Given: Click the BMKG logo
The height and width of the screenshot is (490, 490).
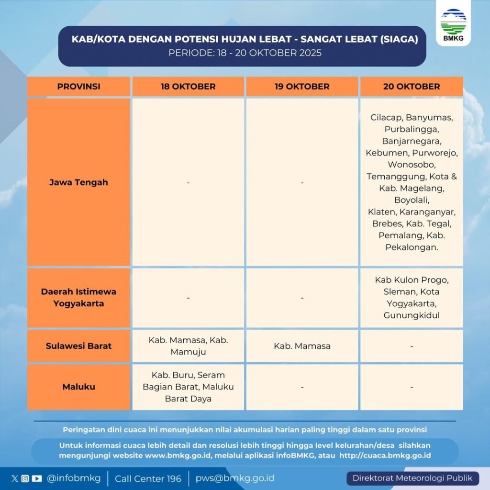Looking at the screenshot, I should (453, 22).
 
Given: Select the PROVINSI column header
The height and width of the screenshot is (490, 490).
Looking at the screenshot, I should (78, 87).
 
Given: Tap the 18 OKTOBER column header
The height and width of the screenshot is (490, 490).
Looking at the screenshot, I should (188, 87).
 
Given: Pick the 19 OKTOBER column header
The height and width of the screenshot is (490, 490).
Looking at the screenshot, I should (302, 87).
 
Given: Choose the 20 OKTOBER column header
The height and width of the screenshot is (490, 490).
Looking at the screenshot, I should (412, 87).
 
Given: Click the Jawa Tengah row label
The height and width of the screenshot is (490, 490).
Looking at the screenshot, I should (78, 182).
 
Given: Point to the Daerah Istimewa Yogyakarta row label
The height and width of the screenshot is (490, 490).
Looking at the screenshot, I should (78, 297).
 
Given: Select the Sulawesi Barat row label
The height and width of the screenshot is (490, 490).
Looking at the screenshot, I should (78, 345).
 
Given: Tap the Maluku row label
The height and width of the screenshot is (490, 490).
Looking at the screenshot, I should (78, 387).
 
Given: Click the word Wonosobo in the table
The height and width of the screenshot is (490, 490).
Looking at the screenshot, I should (412, 164).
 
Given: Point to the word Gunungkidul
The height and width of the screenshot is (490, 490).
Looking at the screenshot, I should (412, 315).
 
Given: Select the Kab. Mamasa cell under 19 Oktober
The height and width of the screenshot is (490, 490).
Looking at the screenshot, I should (302, 345).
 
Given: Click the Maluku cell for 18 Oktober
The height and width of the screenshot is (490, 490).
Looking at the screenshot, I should (188, 387).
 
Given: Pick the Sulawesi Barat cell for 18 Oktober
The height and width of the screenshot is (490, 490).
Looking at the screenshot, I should (188, 345).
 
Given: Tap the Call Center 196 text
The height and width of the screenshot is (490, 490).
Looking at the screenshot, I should (148, 479).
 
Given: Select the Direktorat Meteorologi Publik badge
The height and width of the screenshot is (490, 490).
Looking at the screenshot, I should (412, 478).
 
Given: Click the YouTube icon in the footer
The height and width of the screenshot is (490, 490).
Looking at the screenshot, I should (37, 479).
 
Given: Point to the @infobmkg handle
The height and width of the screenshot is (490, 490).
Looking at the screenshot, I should (74, 479).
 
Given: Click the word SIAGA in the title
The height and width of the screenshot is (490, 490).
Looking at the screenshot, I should (399, 40).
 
